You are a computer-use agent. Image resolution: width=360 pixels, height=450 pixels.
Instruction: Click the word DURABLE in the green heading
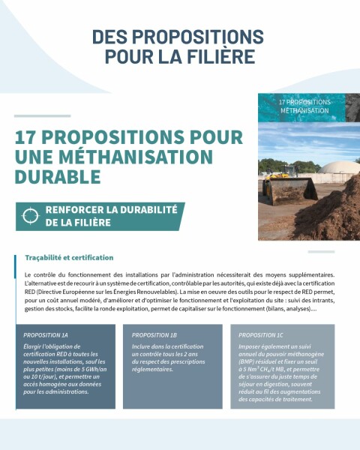pyautogui.click(x=56, y=177)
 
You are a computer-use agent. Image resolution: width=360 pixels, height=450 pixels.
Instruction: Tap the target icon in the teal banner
pyautogui.click(x=30, y=216)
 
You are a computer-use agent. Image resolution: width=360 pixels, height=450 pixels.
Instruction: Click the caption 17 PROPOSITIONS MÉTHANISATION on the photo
pyautogui.click(x=304, y=106)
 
